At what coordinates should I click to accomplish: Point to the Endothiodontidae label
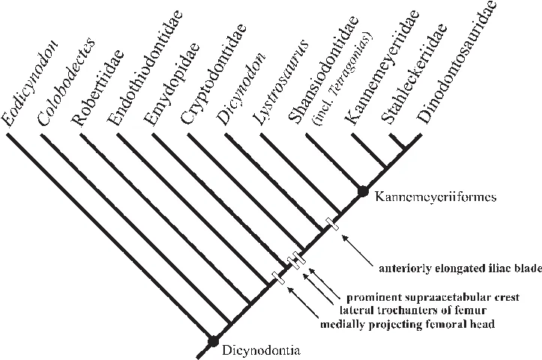145,67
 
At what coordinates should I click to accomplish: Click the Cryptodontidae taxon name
213,73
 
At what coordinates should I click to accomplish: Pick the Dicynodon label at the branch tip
241,89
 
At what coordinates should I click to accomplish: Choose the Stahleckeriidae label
413,73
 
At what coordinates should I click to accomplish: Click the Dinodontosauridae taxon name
457,62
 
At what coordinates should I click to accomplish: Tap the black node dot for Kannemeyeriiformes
362,191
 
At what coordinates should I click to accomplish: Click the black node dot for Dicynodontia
213,341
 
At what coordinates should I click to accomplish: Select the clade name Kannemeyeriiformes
436,197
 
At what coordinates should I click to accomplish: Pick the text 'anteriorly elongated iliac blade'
460,268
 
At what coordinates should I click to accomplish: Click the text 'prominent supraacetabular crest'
433,297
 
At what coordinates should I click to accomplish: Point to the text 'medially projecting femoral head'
407,325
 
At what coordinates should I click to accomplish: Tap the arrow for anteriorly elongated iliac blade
358,250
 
